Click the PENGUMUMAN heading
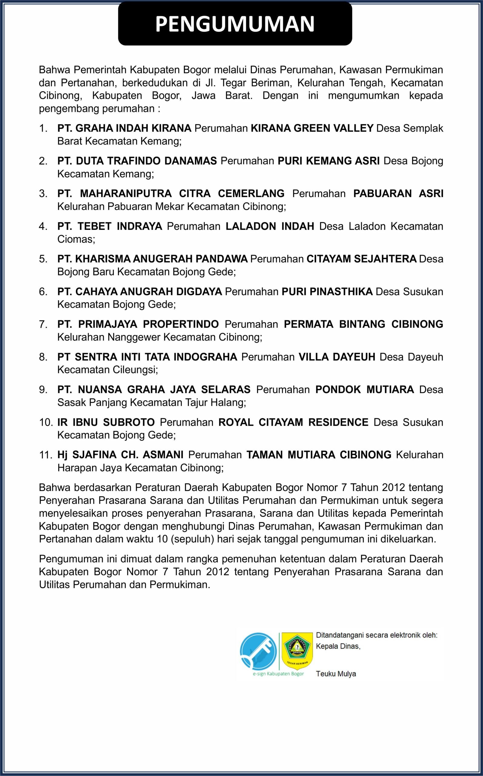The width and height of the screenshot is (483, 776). (x=235, y=24)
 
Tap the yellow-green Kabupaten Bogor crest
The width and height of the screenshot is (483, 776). (x=297, y=650)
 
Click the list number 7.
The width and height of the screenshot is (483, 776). (x=43, y=324)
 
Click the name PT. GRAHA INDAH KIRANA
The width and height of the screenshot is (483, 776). (x=124, y=128)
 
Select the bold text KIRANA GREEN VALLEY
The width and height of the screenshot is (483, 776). (x=312, y=128)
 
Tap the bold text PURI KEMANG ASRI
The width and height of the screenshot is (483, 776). (x=328, y=161)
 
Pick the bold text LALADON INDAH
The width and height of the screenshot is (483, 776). (x=270, y=226)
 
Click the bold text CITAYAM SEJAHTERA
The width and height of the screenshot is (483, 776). (x=361, y=259)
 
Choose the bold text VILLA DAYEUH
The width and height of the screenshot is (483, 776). (x=337, y=357)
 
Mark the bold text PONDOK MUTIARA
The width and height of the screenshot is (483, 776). (x=365, y=390)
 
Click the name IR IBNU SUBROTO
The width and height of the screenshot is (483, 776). (x=106, y=422)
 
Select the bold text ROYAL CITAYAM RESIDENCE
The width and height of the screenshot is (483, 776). (x=293, y=422)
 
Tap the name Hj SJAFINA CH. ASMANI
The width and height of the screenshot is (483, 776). (x=120, y=455)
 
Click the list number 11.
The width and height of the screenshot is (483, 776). (x=45, y=455)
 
